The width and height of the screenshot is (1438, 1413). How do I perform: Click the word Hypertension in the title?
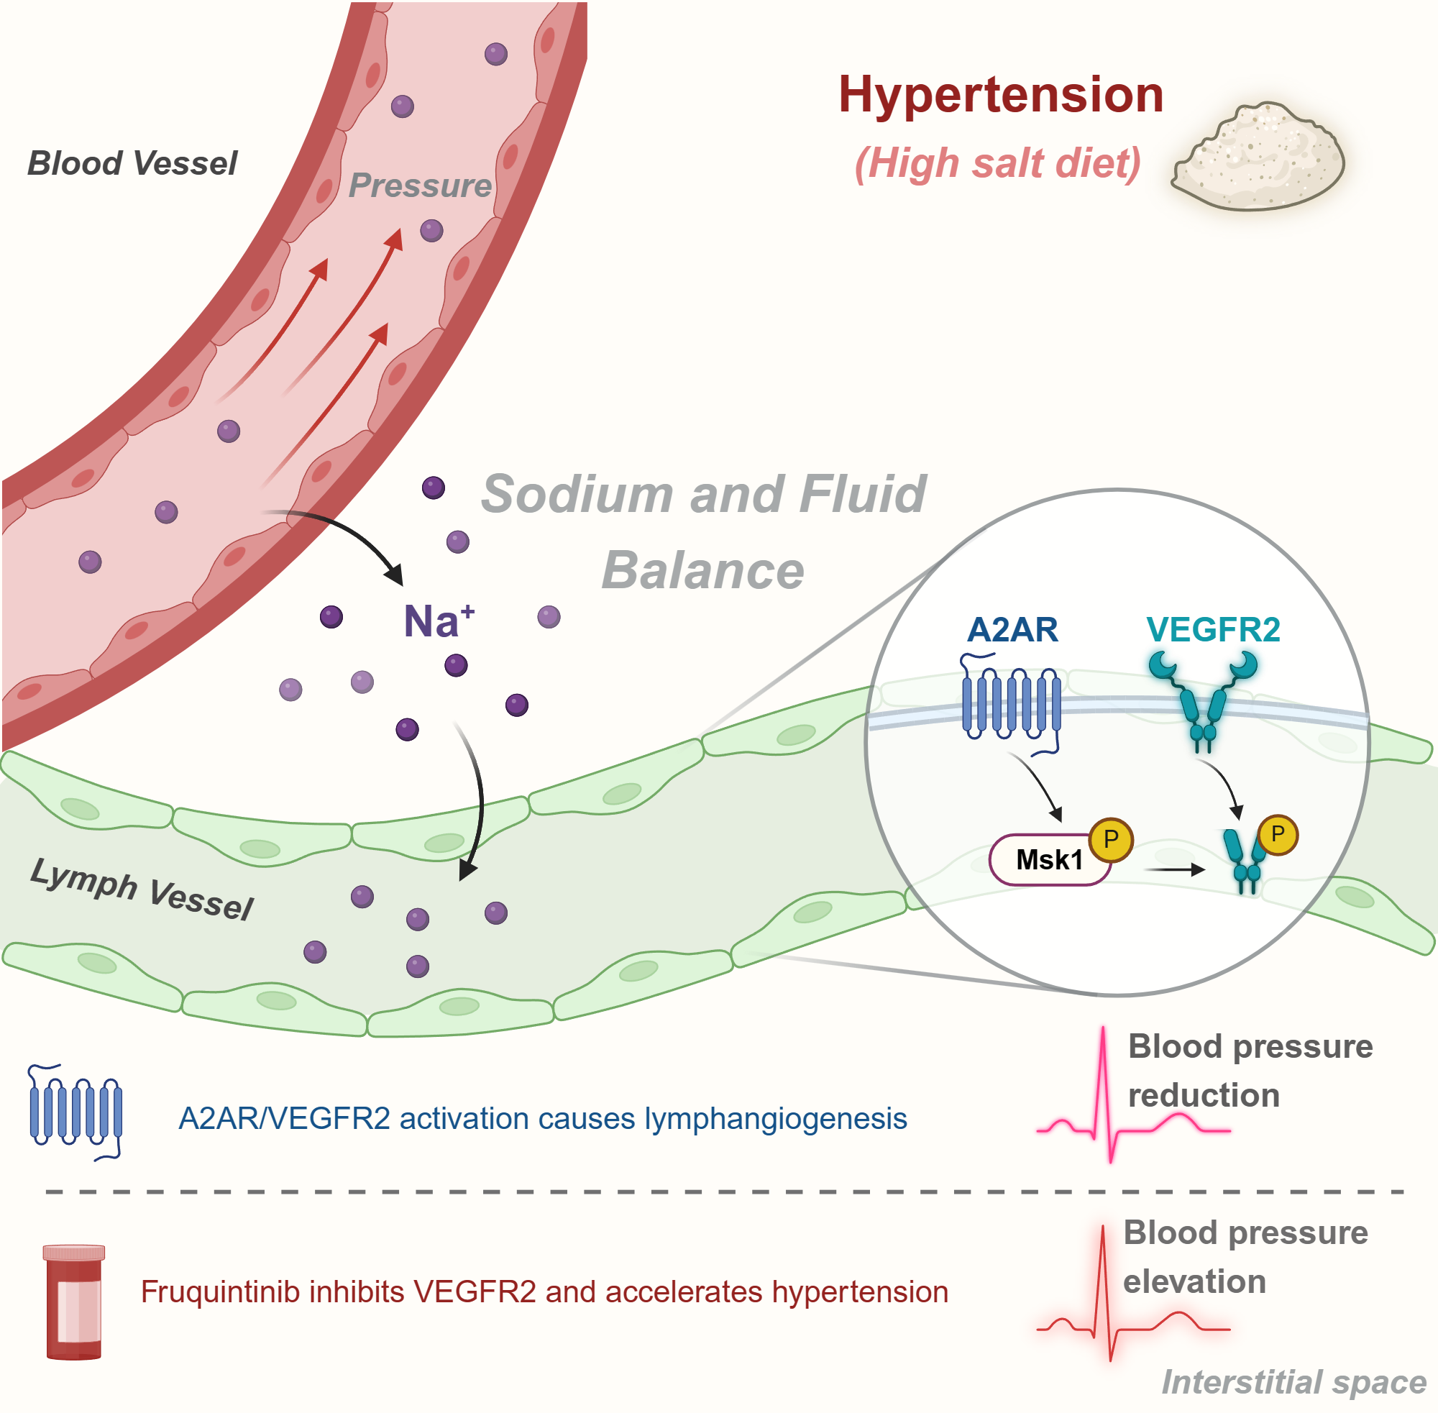point(1000,95)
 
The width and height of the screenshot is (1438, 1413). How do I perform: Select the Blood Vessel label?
point(132,163)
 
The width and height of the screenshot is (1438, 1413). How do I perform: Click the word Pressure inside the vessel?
point(420,186)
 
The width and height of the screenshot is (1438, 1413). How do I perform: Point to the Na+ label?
point(438,621)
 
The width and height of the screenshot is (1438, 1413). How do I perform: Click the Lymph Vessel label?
point(141,888)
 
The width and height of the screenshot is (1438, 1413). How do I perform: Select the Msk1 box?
point(1048,860)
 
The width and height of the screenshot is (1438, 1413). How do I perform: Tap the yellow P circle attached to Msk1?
point(1110,839)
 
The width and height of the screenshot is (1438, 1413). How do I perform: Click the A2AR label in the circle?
point(1012,629)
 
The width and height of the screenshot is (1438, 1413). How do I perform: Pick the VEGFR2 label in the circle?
point(1212,629)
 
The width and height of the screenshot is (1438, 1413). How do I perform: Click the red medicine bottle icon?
point(73,1302)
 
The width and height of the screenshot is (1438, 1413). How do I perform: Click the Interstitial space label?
point(1293,1382)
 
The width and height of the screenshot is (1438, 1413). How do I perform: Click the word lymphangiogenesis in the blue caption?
point(775,1118)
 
